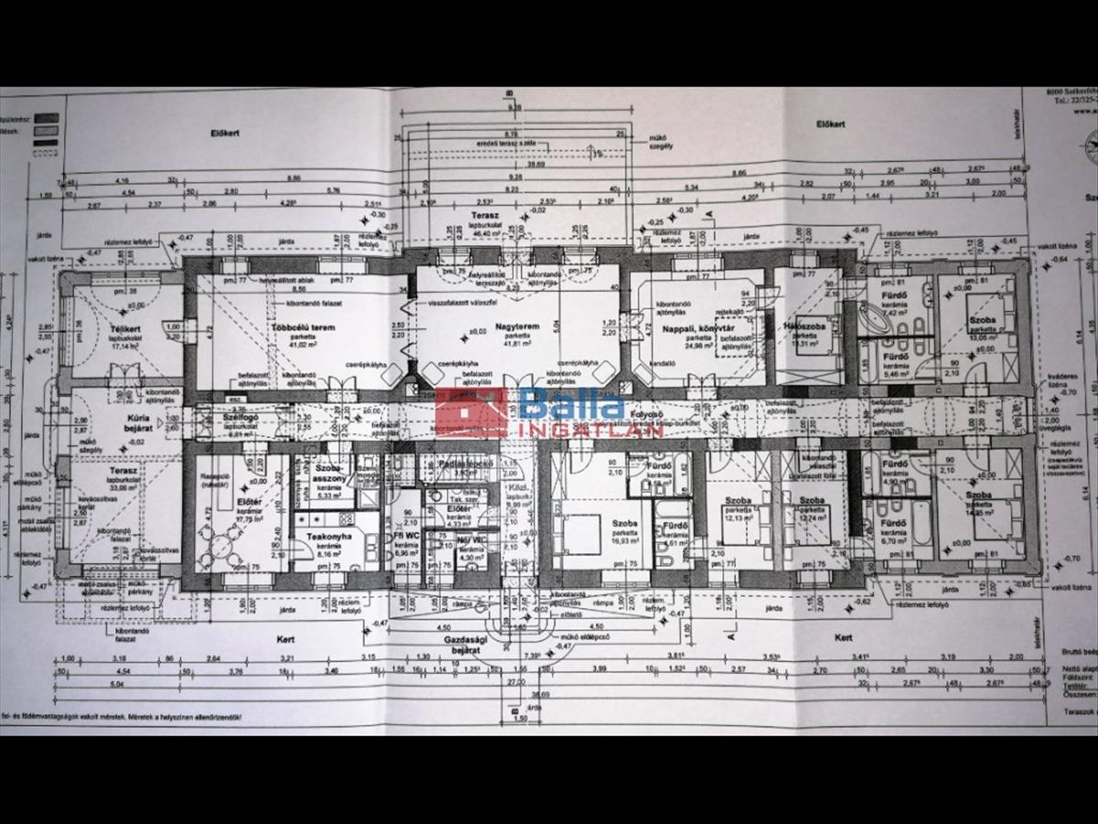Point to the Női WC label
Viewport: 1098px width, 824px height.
point(472,540)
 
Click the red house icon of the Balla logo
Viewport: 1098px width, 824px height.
point(472,412)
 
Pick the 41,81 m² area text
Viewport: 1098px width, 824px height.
point(519,343)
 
